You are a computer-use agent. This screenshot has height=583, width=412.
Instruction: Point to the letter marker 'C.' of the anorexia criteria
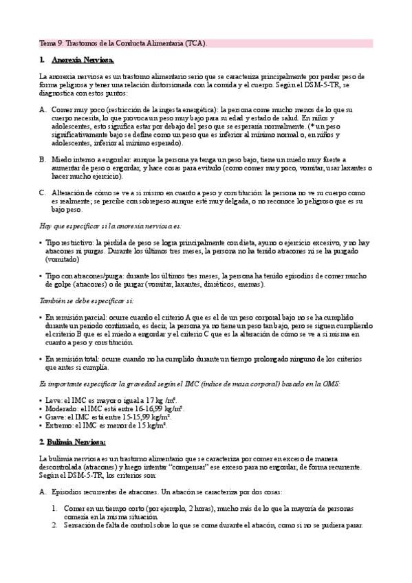43,193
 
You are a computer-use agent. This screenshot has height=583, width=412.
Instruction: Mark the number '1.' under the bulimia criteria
56,509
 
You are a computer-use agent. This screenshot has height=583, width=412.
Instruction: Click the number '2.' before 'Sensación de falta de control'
56,525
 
